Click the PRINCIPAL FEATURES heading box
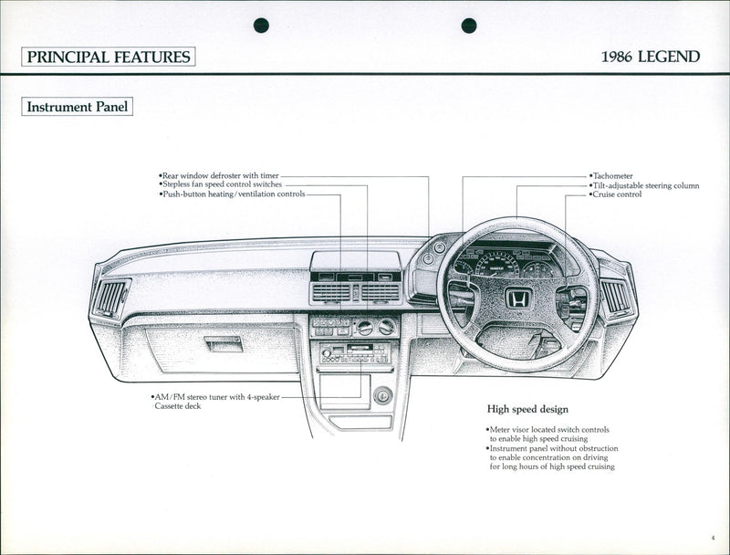tap(109, 57)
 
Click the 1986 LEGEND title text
tap(651, 57)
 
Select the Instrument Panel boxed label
tap(78, 107)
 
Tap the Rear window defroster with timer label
tap(219, 174)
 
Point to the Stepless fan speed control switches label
tap(222, 184)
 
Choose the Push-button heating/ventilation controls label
tap(232, 194)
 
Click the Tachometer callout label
tap(611, 175)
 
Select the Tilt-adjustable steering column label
tap(644, 185)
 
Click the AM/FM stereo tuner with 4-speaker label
tap(215, 398)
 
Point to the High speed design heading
tap(527, 409)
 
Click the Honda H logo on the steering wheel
tap(518, 298)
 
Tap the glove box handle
tap(223, 343)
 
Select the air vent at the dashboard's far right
tap(614, 298)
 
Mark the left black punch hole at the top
tap(261, 25)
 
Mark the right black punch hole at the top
tap(469, 25)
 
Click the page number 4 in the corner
tap(712, 539)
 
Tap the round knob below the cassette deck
tap(382, 394)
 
